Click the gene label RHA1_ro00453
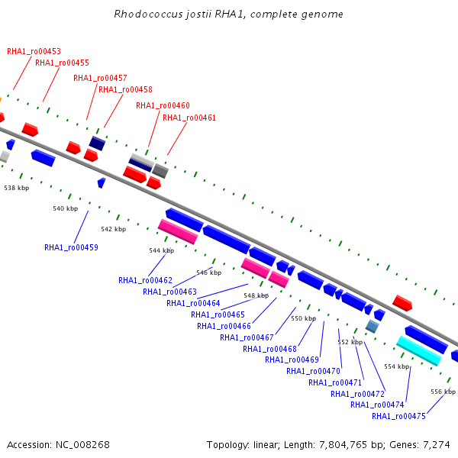(34, 51)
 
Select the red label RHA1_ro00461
(189, 118)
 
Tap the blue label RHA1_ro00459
(71, 247)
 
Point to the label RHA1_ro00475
(398, 416)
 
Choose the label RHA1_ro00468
(269, 349)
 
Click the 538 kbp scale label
(17, 188)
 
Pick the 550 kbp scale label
(304, 318)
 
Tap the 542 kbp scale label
(114, 229)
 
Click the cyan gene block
(419, 350)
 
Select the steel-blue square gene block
(373, 326)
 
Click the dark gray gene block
(160, 171)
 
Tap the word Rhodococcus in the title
(148, 14)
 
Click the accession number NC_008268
(82, 444)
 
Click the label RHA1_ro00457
(100, 78)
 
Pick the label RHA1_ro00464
(193, 303)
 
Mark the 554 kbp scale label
(397, 366)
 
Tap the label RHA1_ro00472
(357, 394)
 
